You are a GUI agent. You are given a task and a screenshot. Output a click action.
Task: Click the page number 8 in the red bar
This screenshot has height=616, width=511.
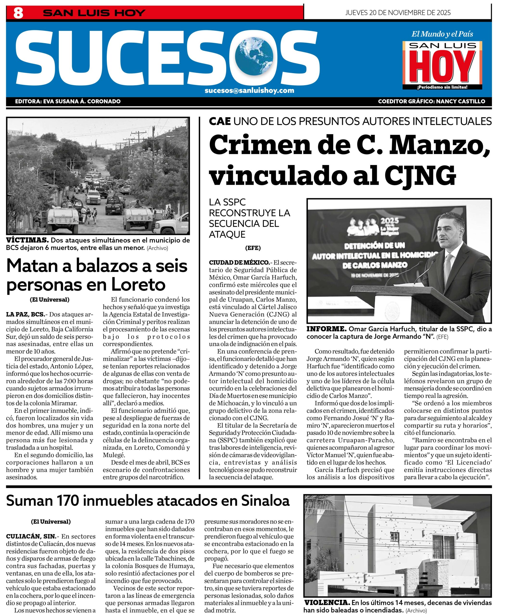pyautogui.click(x=18, y=13)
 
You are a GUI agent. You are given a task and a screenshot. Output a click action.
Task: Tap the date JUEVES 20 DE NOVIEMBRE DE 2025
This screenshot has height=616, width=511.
pyautogui.click(x=397, y=13)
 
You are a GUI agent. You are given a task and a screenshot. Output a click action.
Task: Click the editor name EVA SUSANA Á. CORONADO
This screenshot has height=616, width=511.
pyautogui.click(x=82, y=102)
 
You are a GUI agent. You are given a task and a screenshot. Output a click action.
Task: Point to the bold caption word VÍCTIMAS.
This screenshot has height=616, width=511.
pyautogui.click(x=27, y=240)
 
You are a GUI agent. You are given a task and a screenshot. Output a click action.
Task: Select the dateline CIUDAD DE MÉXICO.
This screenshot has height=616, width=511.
pyautogui.click(x=239, y=263)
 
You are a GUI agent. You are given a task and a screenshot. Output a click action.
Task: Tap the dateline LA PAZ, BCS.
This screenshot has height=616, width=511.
pyautogui.click(x=25, y=314)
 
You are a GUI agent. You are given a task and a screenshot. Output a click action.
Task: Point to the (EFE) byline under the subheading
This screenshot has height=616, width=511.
pyautogui.click(x=253, y=248)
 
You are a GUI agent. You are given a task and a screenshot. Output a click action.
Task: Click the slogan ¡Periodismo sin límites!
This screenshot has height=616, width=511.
pyautogui.click(x=442, y=87)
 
